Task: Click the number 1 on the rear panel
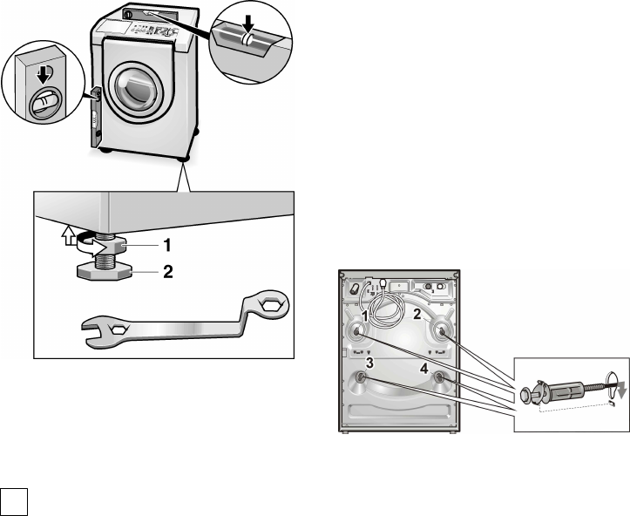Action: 364,315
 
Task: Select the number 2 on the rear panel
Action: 417,315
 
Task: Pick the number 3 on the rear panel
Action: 369,363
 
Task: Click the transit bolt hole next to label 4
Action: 439,377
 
